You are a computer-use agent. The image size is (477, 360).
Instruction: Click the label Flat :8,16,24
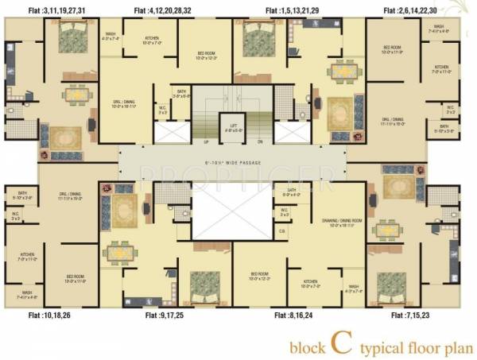coord(294,315)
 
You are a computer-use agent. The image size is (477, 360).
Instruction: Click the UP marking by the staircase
coord(206,141)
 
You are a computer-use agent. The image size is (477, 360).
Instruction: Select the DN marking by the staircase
coord(259,141)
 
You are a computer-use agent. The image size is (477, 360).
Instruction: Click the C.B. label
coord(282,231)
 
